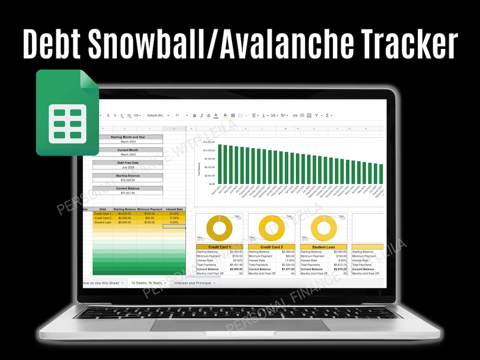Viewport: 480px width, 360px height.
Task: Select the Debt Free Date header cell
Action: point(128,163)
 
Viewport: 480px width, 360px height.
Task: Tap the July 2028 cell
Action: point(128,168)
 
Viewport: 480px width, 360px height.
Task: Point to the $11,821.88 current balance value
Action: point(128,193)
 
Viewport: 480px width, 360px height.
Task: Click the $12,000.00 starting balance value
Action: point(128,180)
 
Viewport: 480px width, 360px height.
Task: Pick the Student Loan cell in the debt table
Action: point(103,222)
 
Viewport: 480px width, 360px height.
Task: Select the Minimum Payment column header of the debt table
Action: point(149,209)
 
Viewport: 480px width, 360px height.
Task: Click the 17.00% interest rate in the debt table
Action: point(174,218)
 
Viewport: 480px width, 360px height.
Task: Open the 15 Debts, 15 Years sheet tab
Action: point(146,283)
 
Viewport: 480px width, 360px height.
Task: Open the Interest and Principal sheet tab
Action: point(193,283)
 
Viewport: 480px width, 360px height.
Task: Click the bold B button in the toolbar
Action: point(195,116)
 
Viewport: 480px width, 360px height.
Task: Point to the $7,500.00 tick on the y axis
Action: point(209,159)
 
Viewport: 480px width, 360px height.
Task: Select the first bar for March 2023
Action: point(219,164)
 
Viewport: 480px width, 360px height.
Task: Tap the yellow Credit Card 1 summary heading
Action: point(220,247)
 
